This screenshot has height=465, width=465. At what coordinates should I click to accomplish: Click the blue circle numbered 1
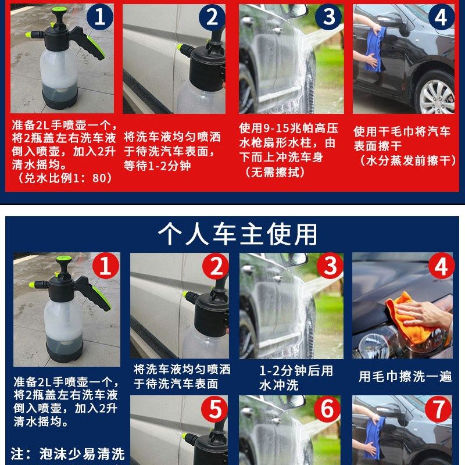click(100, 17)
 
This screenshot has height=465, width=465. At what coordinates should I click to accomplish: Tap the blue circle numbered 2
click(212, 17)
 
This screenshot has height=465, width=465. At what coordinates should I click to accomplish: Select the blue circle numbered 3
click(328, 17)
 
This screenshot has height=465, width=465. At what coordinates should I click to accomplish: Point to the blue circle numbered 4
click(441, 17)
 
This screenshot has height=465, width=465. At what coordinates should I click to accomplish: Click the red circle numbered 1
click(106, 266)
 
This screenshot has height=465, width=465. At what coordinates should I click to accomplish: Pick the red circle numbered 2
click(216, 266)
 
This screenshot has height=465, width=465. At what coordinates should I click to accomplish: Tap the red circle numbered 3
click(330, 266)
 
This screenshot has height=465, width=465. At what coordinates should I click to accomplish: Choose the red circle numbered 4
click(441, 266)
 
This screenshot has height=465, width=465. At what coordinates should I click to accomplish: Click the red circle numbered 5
click(214, 409)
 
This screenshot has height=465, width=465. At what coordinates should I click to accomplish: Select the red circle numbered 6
click(327, 409)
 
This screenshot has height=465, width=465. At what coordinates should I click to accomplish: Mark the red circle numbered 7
click(438, 409)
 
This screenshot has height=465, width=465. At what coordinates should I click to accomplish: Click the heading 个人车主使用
click(237, 234)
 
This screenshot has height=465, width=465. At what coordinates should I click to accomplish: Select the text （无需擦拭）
click(275, 171)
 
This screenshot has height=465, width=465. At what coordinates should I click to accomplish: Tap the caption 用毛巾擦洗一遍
click(405, 376)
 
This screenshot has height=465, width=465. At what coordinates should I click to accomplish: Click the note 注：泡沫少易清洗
click(67, 454)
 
